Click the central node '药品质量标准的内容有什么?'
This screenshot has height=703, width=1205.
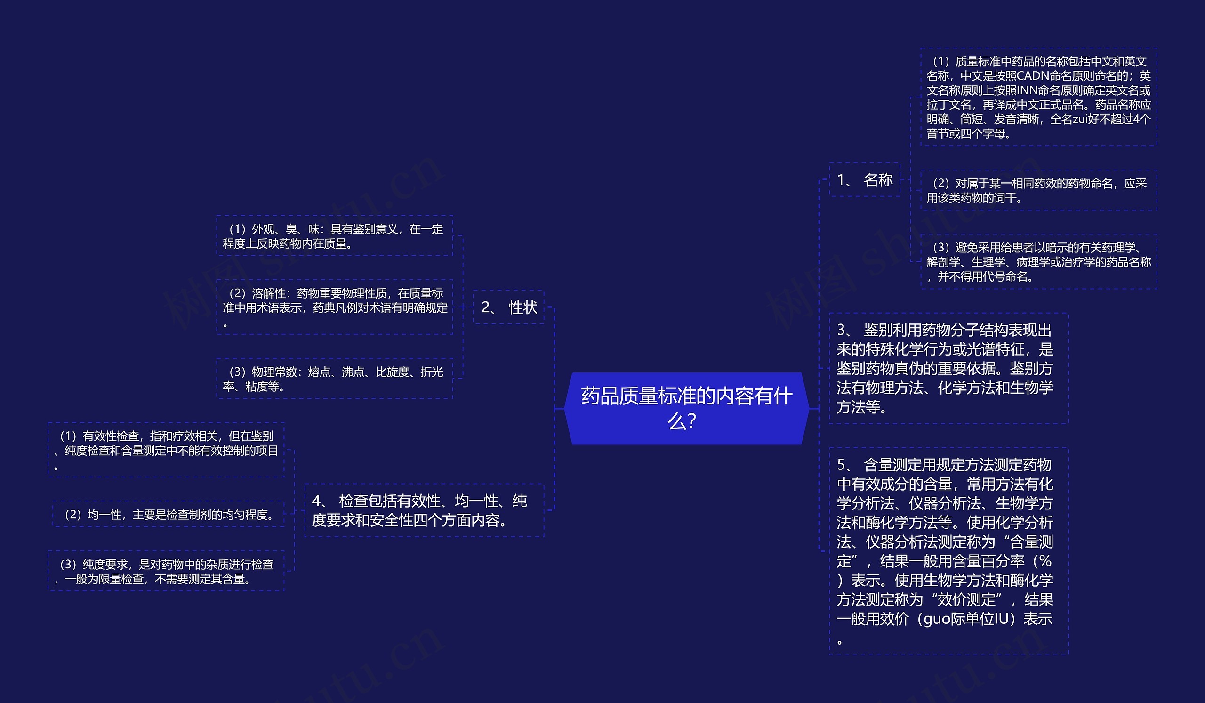point(686,408)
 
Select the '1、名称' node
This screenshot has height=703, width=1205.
point(865,180)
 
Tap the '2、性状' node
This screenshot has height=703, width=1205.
point(509,307)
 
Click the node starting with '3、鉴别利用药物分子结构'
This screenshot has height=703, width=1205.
point(948,368)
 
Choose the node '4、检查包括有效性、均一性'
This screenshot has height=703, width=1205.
point(424,510)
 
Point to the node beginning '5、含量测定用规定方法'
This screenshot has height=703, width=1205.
point(948,551)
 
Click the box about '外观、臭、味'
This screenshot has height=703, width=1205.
point(334,236)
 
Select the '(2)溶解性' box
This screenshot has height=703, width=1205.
point(334,307)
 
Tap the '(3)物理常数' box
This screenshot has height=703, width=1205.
point(334,379)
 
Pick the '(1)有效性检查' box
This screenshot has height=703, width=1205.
point(166,450)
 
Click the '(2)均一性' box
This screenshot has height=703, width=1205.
point(169,515)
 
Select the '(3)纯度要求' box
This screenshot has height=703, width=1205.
point(166,571)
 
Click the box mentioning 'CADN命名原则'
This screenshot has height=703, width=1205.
point(1038,97)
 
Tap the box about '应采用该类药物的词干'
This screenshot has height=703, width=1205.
point(1038,190)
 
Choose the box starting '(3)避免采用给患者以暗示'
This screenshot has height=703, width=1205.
point(1038,262)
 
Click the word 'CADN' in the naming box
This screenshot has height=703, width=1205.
point(1033,76)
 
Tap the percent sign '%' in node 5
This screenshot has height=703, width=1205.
point(1045,561)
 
